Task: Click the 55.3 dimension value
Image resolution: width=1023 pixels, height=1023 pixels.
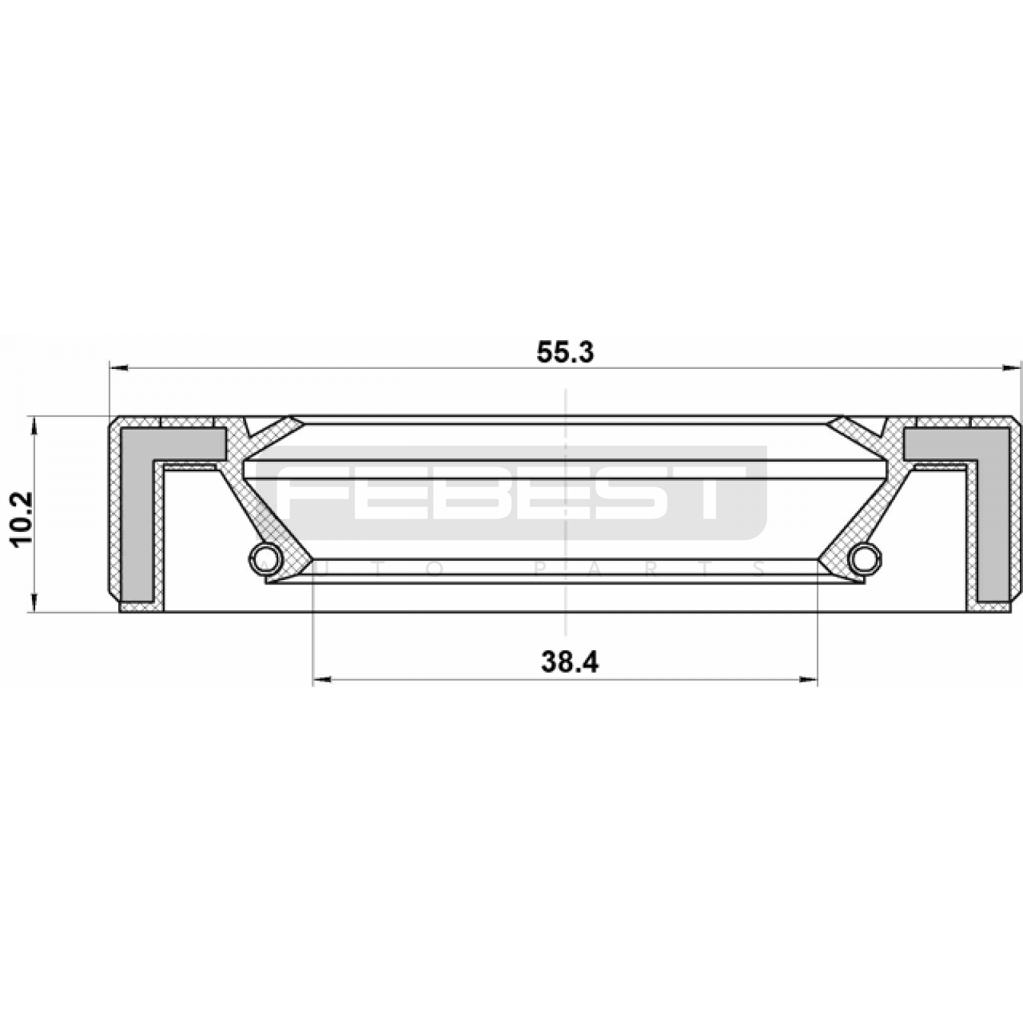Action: tap(565, 353)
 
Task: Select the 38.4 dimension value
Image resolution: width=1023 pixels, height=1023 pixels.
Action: tap(570, 662)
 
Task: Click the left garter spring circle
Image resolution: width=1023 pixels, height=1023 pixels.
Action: tap(264, 556)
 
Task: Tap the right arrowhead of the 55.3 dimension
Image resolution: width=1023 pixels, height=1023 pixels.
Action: tap(1011, 368)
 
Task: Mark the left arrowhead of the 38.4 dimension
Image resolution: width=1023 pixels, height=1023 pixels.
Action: tap(322, 680)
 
